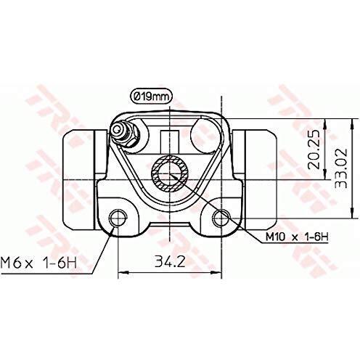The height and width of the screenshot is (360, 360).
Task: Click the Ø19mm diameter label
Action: point(152,97)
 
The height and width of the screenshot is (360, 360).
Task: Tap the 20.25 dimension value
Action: point(314,150)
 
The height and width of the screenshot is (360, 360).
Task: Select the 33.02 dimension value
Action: point(340,168)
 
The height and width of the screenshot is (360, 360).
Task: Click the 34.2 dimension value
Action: point(170,261)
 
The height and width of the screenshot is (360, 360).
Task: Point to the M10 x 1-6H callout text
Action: point(297,237)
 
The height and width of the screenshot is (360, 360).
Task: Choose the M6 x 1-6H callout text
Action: point(38,263)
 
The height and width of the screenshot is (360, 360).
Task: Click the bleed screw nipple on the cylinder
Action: point(123,134)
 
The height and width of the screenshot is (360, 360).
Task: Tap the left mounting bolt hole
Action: point(118,218)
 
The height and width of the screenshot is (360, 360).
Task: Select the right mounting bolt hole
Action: point(221,218)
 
